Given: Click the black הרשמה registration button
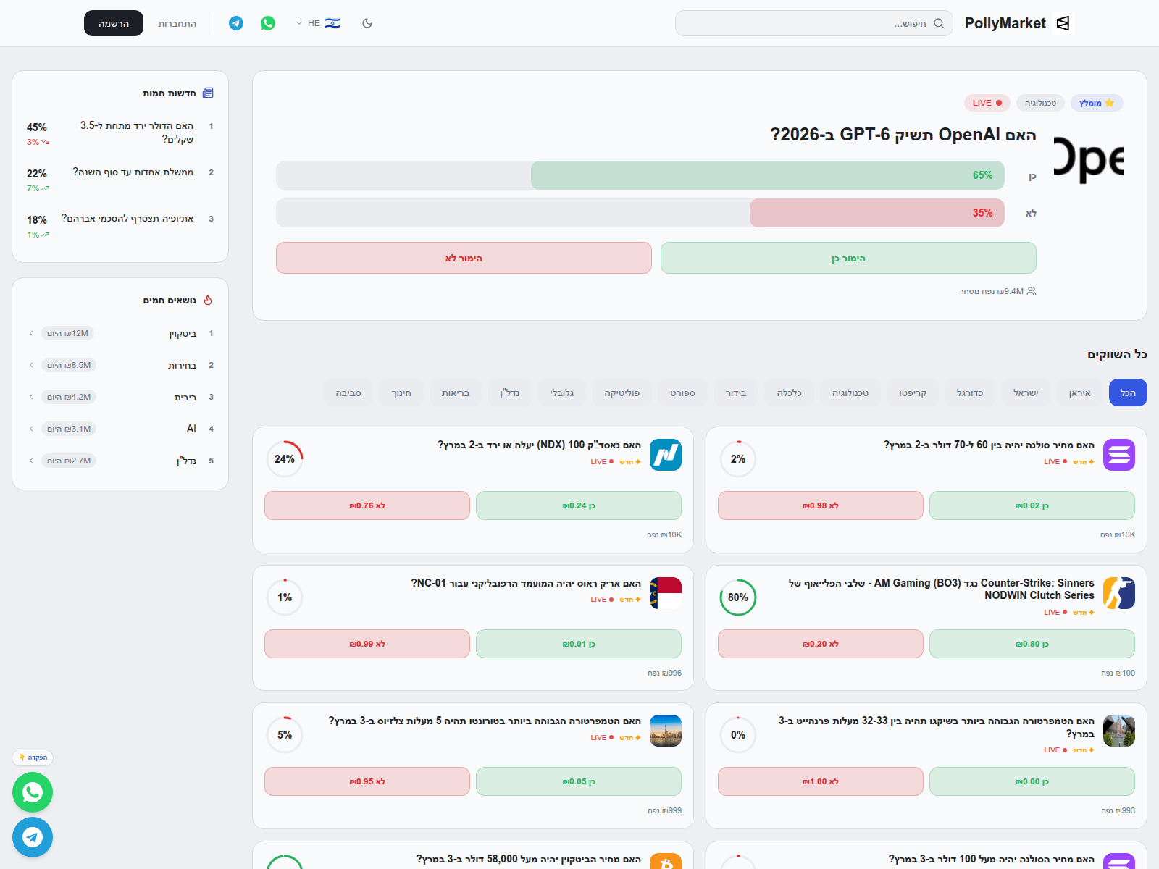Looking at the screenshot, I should [114, 23].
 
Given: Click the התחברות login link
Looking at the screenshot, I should [177, 23].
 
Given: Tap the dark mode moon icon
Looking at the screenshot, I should [367, 23].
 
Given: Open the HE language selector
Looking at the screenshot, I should [318, 23].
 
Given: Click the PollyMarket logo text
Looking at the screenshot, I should [1005, 23].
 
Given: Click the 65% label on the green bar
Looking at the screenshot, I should [982, 175].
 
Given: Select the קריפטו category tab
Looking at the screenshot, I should [912, 392].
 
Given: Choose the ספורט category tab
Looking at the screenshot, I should [682, 392].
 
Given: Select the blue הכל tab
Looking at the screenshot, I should [1128, 392].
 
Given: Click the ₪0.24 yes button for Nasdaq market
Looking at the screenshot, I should [578, 505].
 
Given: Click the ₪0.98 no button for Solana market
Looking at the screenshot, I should [820, 505].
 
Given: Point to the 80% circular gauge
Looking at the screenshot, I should [737, 597].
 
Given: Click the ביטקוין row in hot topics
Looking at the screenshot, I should [183, 333].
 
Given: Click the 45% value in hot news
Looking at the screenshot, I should [37, 127].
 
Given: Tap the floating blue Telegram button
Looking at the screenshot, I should [33, 837].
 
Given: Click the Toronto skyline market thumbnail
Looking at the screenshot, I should [665, 731].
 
